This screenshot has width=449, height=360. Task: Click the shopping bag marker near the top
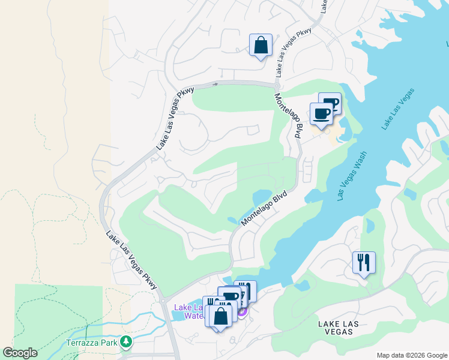click(261, 45)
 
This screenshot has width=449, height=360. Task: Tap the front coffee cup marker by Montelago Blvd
click(321, 113)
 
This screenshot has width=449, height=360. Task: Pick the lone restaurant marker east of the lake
click(364, 262)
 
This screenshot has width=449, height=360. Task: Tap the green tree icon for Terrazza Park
click(125, 342)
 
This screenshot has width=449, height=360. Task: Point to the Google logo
click(20, 353)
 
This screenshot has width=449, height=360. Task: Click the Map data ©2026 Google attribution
click(411, 355)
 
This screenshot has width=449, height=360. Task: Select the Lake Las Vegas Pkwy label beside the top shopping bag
click(294, 52)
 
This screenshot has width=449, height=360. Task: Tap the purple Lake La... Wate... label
click(188, 311)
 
